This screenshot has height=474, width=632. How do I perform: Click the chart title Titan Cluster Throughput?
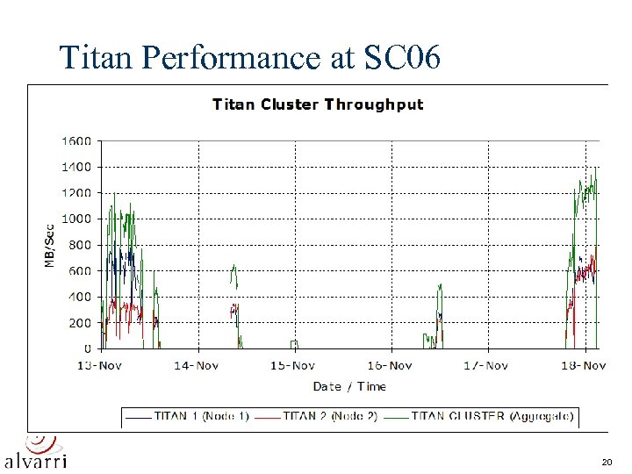(318, 104)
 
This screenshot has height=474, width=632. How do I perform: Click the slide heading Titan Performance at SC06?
(253, 57)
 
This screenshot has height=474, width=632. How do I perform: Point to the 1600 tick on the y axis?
(75, 140)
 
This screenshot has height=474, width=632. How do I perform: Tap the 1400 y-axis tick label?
(75, 167)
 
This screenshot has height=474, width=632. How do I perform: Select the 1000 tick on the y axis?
(75, 219)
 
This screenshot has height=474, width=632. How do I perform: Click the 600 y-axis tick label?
(79, 271)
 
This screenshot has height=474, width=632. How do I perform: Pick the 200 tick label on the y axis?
(79, 323)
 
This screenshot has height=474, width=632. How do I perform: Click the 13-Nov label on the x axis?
(98, 365)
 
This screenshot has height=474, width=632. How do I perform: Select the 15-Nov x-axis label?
(292, 365)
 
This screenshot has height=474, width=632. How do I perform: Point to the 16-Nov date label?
(389, 365)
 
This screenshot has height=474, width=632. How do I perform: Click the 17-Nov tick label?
(485, 365)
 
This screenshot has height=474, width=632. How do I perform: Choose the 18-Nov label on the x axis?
(583, 365)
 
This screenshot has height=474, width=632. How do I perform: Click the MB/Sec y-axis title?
(49, 245)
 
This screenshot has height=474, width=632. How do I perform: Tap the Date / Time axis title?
(349, 386)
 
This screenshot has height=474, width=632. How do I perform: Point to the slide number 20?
(607, 462)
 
